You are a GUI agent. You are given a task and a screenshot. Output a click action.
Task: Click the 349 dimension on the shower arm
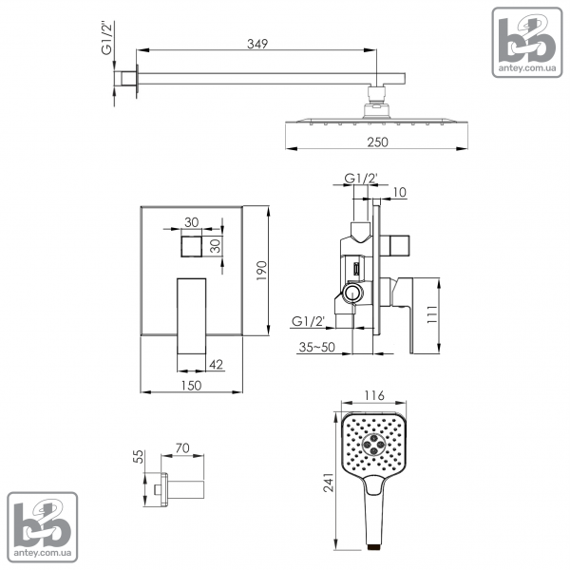pos(257,44)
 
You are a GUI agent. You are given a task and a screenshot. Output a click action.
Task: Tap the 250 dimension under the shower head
pos(377,142)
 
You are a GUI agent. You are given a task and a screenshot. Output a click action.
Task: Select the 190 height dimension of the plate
pos(262,270)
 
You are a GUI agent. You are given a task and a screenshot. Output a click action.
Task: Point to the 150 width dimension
pos(191,386)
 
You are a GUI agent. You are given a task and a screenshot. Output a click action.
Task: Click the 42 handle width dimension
pos(217,364)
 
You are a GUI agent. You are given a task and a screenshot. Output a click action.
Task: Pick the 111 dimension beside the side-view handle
pos(432,314)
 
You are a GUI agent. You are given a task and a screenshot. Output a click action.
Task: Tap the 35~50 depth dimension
pos(316,347)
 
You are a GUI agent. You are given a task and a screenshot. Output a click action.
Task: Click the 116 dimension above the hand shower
pos(374,395)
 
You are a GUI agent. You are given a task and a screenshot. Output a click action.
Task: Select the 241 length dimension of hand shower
pos(329,482)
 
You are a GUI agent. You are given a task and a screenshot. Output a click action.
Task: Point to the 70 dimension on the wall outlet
pos(182,448)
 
